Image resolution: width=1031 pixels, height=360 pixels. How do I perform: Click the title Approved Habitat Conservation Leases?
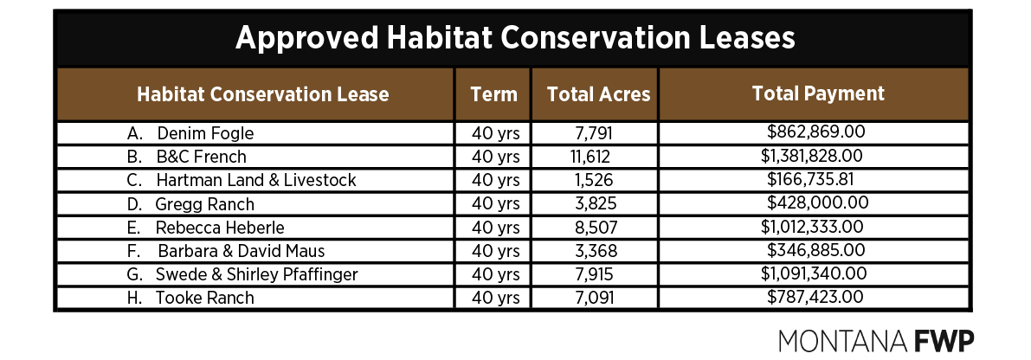515,39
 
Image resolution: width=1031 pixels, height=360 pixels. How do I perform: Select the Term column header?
493,94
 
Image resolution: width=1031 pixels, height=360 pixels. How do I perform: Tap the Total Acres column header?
598,94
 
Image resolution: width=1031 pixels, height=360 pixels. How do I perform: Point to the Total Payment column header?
818,93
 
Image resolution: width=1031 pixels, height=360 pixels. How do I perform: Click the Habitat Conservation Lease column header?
263,94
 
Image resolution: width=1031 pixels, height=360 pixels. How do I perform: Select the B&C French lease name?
201,157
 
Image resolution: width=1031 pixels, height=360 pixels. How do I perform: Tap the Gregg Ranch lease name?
205,204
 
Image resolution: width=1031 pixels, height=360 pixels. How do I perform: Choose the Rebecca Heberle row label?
220,228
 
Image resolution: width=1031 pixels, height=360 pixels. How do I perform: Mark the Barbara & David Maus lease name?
242,251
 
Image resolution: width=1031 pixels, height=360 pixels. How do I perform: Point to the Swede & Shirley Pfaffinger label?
256,274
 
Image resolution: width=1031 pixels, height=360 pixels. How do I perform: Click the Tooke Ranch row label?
205,298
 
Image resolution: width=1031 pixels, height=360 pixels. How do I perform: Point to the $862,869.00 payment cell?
816,133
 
